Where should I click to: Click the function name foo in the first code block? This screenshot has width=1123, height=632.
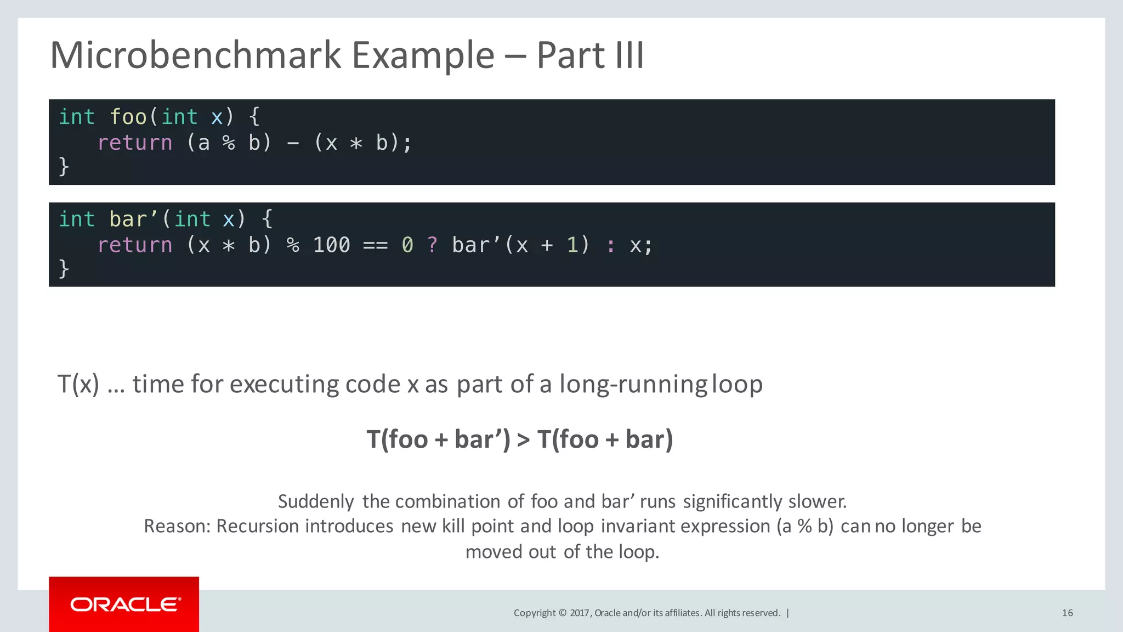[x=128, y=117]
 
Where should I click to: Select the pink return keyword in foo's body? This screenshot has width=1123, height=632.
[x=135, y=143]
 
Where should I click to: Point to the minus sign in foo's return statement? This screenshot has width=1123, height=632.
[x=293, y=143]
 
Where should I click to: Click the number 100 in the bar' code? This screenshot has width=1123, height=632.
[x=331, y=245]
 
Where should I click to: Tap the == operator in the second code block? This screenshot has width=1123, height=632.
[x=376, y=245]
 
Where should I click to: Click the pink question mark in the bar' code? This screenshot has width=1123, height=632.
[x=433, y=245]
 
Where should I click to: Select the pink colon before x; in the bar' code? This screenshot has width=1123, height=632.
[x=610, y=245]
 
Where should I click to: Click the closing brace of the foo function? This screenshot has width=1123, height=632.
[x=64, y=166]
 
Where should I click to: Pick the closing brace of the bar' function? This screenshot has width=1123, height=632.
[x=64, y=268]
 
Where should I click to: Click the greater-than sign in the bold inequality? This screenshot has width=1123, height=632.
[x=524, y=439]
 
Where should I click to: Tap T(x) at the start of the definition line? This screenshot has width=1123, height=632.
[x=78, y=384]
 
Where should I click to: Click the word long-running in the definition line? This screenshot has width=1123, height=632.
[x=633, y=384]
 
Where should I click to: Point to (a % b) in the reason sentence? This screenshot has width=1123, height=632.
[x=804, y=526]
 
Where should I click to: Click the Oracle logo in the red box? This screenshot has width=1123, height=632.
[x=125, y=605]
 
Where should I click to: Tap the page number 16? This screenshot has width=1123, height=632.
[x=1067, y=613]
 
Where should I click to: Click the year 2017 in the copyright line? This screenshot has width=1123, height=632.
[x=580, y=613]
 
